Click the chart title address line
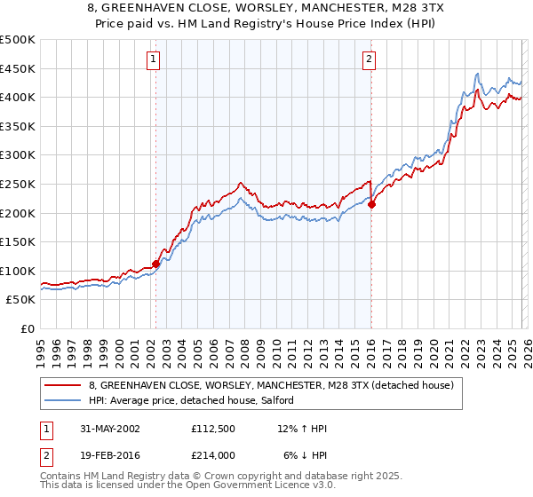tap(266, 10)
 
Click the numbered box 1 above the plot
tap(154, 59)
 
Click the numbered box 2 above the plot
tap(369, 59)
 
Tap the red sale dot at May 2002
tap(156, 263)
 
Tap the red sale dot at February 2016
tap(371, 204)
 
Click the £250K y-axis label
tap(18, 185)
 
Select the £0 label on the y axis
tap(27, 329)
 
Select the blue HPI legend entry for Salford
tap(196, 401)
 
